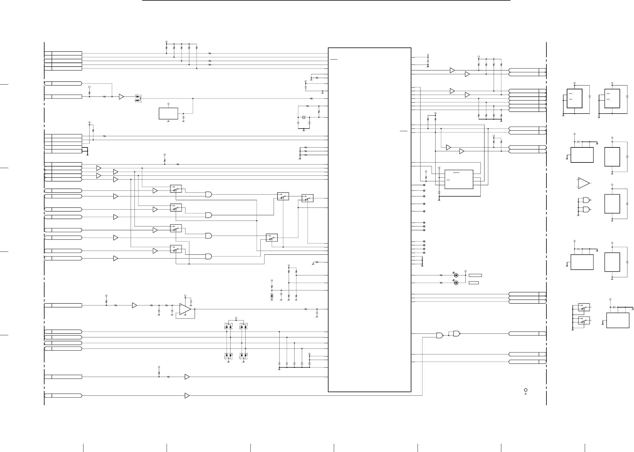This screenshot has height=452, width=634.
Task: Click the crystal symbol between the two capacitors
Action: click(x=303, y=117)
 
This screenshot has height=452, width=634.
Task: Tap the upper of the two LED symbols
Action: click(x=456, y=275)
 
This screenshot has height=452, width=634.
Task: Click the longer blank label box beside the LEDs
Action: click(x=475, y=275)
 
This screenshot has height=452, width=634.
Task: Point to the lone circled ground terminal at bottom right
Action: click(x=525, y=390)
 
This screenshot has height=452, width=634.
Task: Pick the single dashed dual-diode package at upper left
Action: click(x=138, y=98)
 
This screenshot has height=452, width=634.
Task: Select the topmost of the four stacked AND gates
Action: click(x=208, y=194)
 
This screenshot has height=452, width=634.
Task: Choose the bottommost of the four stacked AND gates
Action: click(x=208, y=257)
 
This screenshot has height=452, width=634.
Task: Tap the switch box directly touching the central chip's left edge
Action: click(x=307, y=198)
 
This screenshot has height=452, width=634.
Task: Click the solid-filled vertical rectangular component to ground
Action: click(x=272, y=296)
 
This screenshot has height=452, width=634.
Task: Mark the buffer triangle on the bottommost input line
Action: click(x=187, y=396)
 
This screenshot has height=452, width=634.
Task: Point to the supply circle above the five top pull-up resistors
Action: click(x=166, y=42)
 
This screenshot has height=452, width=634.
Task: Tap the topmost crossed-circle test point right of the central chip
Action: click(x=424, y=185)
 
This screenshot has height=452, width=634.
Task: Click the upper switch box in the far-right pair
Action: click(x=584, y=307)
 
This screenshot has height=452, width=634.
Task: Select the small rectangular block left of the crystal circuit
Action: click(x=168, y=114)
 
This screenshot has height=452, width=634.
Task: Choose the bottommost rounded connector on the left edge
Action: click(x=63, y=395)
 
